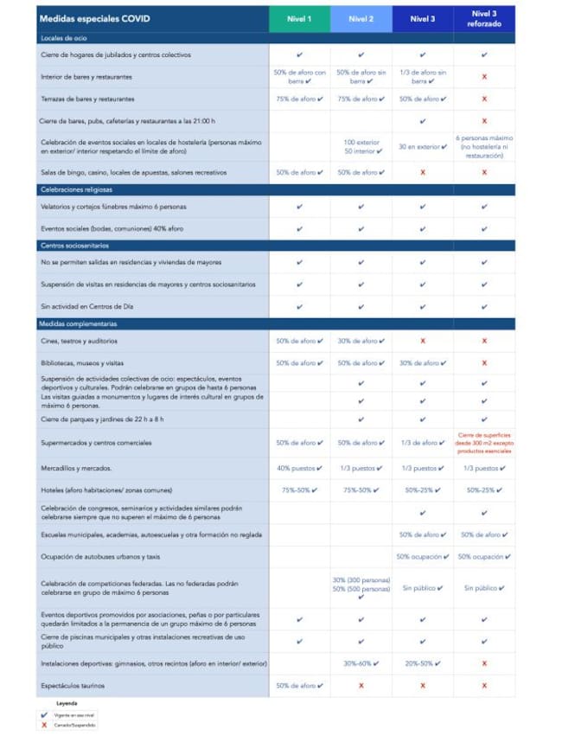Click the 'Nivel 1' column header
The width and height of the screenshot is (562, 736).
click(x=299, y=19)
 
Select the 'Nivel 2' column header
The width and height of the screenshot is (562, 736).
click(x=361, y=19)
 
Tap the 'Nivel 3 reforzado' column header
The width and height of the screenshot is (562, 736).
click(x=484, y=19)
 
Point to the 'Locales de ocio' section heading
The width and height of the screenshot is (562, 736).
click(x=63, y=39)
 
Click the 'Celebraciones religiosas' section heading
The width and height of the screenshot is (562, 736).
click(x=76, y=189)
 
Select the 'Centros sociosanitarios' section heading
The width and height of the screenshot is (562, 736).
click(x=75, y=246)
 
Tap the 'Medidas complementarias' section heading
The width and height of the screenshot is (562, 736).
click(x=78, y=323)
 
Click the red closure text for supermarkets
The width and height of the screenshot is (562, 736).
click(x=484, y=442)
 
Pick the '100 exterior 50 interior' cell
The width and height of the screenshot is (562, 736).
click(x=361, y=145)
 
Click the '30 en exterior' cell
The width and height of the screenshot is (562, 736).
click(x=422, y=146)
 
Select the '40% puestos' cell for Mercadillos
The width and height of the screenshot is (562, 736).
click(x=299, y=468)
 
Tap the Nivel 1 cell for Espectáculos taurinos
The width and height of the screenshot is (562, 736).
click(x=299, y=686)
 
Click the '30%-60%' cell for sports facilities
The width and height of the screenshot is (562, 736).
click(x=361, y=663)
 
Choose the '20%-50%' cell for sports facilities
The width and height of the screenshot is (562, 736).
click(x=422, y=663)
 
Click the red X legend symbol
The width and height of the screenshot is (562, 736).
click(x=43, y=725)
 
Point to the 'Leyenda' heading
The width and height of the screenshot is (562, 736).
click(x=67, y=704)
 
